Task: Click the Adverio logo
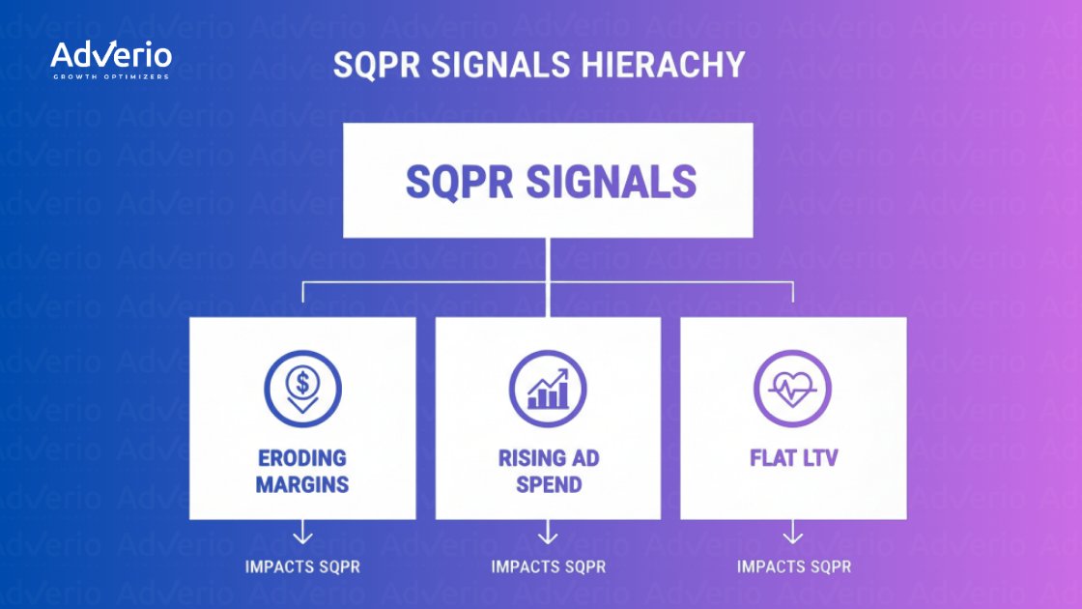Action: [110, 56]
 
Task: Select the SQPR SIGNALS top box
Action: [548, 180]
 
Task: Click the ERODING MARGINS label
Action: [302, 470]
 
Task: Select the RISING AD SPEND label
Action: [548, 470]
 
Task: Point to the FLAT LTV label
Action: [792, 457]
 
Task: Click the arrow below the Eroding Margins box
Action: [302, 532]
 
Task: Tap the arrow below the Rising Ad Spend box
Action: [548, 532]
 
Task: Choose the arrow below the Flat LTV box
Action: [792, 532]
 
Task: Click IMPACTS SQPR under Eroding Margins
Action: [302, 566]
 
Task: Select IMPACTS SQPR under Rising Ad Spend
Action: [548, 566]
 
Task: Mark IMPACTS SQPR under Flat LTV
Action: [793, 566]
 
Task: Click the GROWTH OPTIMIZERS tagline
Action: [110, 75]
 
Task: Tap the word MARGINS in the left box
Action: [302, 483]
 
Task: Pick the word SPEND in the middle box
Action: [548, 483]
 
